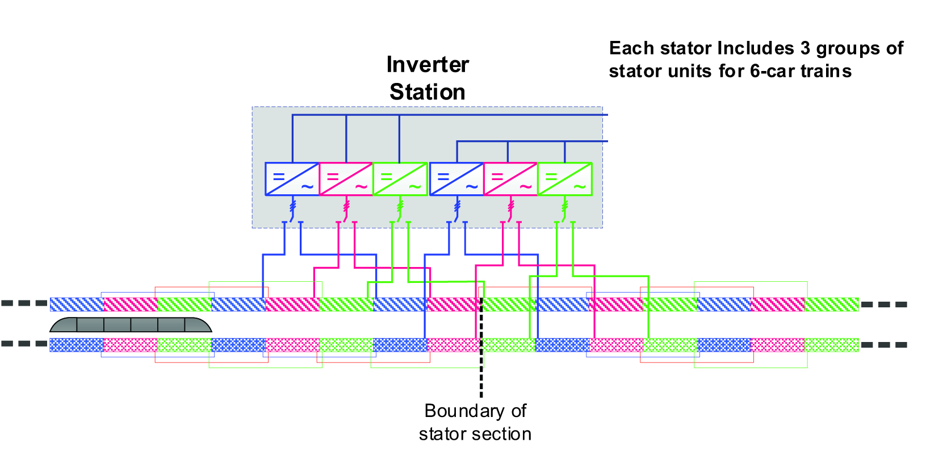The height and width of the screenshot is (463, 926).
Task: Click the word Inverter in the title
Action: (x=428, y=65)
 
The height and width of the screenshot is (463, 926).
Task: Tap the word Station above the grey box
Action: (x=428, y=92)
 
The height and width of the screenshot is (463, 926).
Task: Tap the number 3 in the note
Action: (x=805, y=48)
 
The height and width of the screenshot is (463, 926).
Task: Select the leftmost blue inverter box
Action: (x=292, y=179)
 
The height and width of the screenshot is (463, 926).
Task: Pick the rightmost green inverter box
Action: (x=565, y=179)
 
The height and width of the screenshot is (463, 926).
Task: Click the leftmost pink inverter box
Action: (x=346, y=179)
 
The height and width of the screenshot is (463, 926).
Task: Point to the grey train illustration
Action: (x=131, y=325)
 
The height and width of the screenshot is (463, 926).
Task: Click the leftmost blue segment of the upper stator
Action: (x=77, y=305)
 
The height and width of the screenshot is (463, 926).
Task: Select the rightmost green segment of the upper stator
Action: (x=832, y=305)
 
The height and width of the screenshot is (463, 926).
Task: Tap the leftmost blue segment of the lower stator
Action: (x=77, y=345)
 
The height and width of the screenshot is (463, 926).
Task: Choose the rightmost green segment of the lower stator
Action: (x=832, y=345)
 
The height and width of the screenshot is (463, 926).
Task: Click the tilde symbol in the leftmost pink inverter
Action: (x=361, y=186)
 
